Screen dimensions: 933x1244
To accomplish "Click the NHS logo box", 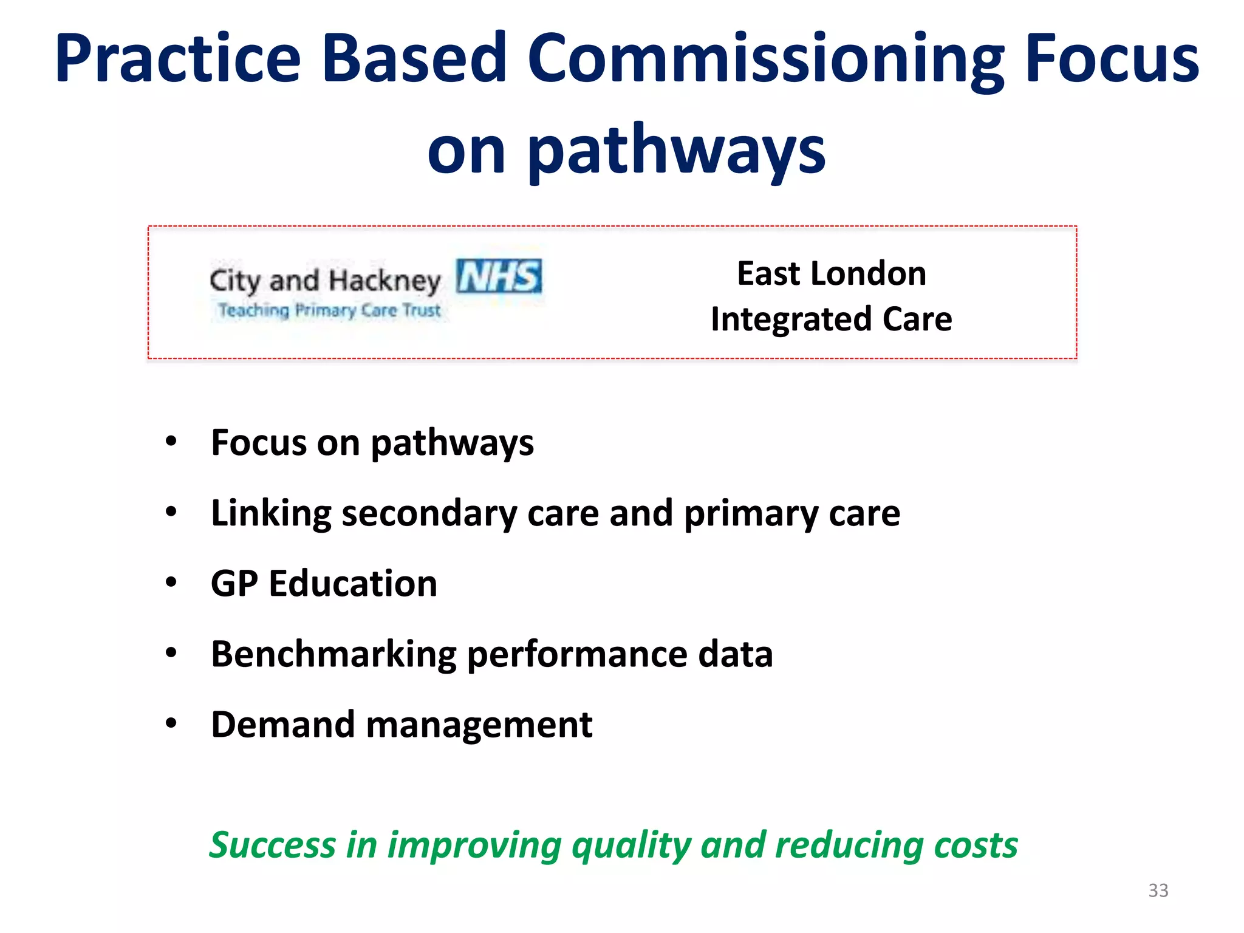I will pyautogui.click(x=499, y=276).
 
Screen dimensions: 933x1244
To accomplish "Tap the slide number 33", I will pyautogui.click(x=1158, y=890).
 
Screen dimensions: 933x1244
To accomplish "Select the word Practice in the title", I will pyautogui.click(x=178, y=60).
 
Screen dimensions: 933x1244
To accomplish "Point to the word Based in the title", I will pyautogui.click(x=414, y=60).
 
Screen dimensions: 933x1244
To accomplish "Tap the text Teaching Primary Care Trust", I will pyautogui.click(x=330, y=310).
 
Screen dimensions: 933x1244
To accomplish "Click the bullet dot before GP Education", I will pyautogui.click(x=171, y=583).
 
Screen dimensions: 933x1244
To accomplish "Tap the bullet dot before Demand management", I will pyautogui.click(x=171, y=723).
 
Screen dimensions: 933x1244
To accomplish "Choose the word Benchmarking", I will pyautogui.click(x=333, y=654).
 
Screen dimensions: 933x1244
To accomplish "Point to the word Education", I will pyautogui.click(x=353, y=584).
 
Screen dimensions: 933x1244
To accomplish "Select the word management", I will pyautogui.click(x=479, y=725).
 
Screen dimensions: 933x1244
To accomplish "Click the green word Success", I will pyautogui.click(x=272, y=845).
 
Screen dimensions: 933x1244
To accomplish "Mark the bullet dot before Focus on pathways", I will pyautogui.click(x=171, y=442).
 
